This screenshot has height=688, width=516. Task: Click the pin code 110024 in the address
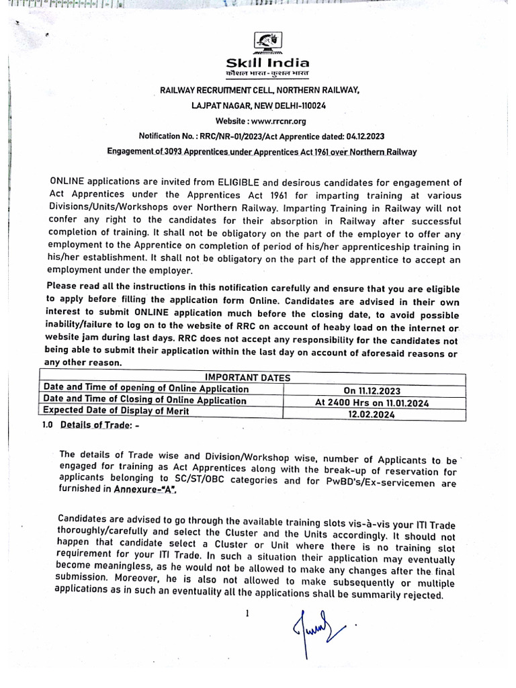pyautogui.click(x=327, y=105)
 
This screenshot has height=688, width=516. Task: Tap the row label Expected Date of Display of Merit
pyautogui.click(x=116, y=411)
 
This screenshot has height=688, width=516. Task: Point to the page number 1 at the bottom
pyautogui.click(x=247, y=612)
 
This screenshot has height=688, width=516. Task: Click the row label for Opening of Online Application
pyautogui.click(x=145, y=389)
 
